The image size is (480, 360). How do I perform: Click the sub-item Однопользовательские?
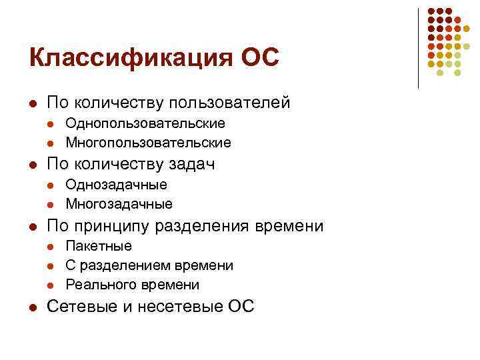145,123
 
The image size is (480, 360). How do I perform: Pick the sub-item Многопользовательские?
148,142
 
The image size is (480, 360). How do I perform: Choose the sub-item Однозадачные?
116,185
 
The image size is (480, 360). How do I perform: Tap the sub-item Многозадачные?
119,203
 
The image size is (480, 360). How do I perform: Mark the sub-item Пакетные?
99,246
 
